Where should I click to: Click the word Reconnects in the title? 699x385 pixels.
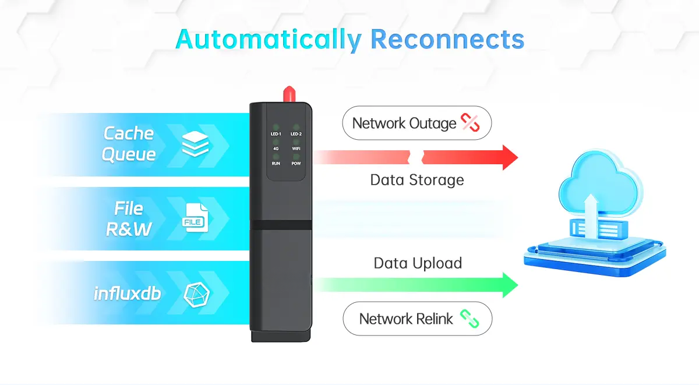click(x=447, y=40)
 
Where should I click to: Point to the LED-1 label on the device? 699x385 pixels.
click(x=276, y=134)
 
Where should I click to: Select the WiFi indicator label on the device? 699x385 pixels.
click(x=296, y=149)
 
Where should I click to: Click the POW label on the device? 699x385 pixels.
click(x=296, y=164)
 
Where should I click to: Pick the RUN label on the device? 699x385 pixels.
click(x=276, y=164)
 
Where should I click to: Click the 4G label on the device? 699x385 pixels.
click(x=276, y=149)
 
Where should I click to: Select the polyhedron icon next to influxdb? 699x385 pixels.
click(x=195, y=294)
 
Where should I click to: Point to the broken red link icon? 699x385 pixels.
click(x=469, y=123)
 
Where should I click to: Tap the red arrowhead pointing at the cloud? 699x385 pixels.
click(x=510, y=157)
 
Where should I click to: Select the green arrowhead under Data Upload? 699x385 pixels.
click(x=510, y=285)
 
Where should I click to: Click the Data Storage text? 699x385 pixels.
click(x=417, y=179)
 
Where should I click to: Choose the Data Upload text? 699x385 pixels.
click(x=418, y=263)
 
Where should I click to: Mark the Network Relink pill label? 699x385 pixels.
click(x=417, y=319)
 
